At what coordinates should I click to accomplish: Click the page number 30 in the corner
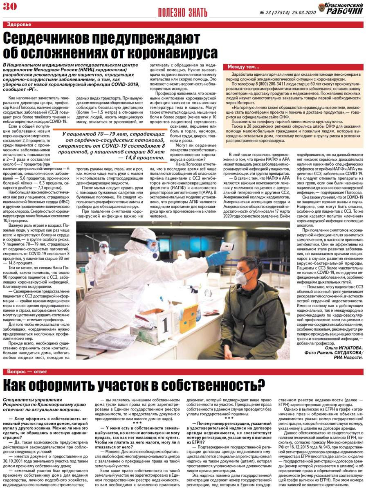click(x=10, y=6)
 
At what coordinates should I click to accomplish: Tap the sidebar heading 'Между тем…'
click(x=244, y=67)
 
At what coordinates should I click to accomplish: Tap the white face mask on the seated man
click(x=241, y=277)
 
